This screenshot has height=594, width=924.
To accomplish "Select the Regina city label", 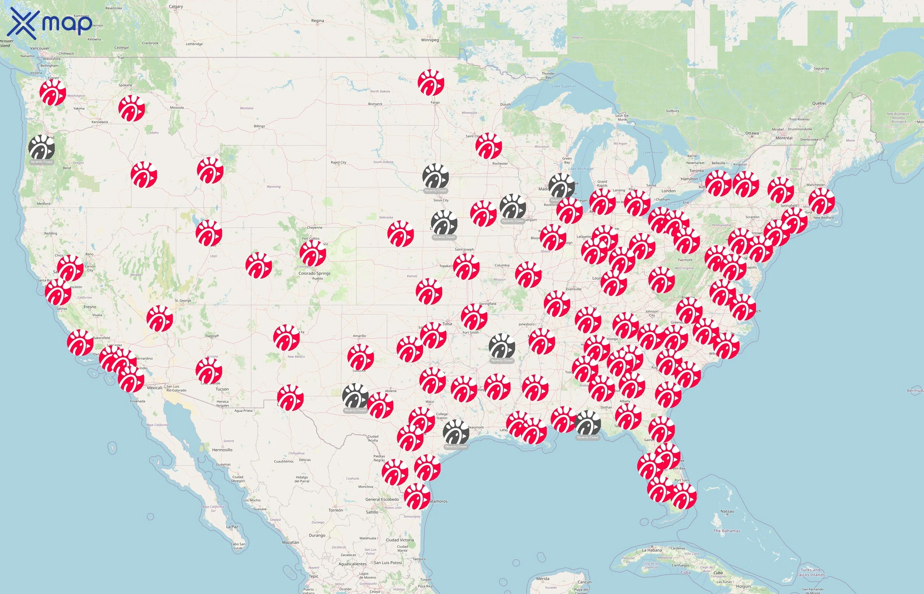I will (x=317, y=21).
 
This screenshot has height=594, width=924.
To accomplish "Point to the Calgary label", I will (x=176, y=7).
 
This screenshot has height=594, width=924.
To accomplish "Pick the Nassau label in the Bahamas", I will (x=727, y=511).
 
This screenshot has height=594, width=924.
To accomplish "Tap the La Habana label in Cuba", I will (x=652, y=550).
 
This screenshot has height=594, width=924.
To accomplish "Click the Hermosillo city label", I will (x=222, y=450).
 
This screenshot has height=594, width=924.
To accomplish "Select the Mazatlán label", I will (x=290, y=542).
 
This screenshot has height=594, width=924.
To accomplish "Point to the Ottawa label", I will (x=752, y=133).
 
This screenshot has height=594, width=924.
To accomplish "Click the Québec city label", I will (x=819, y=103).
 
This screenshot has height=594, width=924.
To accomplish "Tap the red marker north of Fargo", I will (x=431, y=82).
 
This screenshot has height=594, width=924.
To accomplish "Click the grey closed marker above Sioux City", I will (x=435, y=177).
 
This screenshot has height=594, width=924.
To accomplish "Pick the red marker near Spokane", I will (x=131, y=108).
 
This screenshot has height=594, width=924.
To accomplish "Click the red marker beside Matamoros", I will (x=417, y=496).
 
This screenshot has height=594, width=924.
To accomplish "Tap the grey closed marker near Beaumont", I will (x=456, y=432).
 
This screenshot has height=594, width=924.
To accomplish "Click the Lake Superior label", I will (x=564, y=86).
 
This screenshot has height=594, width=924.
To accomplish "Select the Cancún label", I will (x=584, y=582).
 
